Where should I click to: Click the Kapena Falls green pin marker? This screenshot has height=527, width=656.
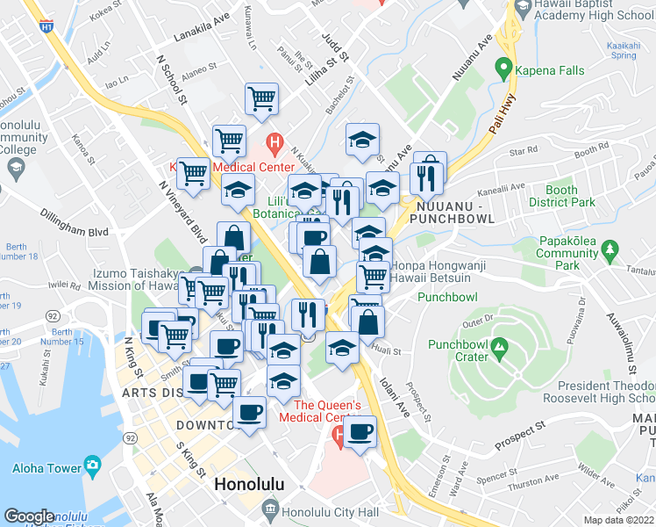click(503, 67)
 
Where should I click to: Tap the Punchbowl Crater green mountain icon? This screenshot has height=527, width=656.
click(499, 348)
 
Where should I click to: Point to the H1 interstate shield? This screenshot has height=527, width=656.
click(45, 26)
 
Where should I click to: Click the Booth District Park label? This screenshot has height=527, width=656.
click(561, 196)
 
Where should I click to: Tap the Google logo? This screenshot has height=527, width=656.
click(29, 516)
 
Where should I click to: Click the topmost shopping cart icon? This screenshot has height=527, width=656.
click(261, 98)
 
